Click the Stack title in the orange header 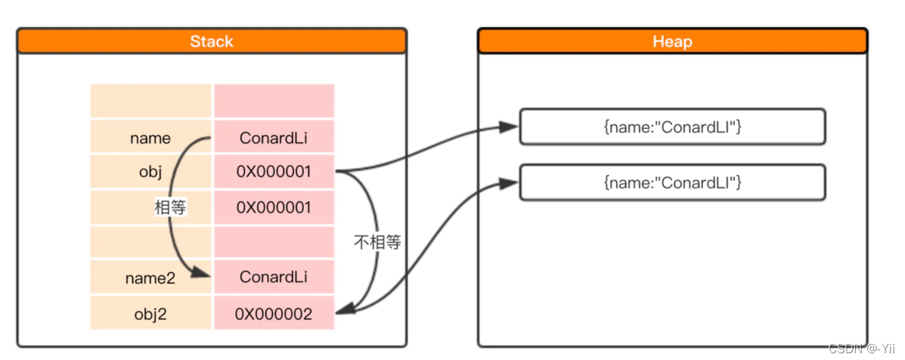click(211, 42)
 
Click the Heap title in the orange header click(672, 42)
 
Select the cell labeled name click(151, 138)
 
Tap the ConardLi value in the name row click(274, 138)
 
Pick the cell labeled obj click(151, 172)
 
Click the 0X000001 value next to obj click(274, 172)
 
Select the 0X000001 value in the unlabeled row click(274, 207)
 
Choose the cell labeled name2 click(151, 278)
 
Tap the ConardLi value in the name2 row click(274, 278)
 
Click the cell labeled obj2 click(151, 314)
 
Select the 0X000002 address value click(274, 314)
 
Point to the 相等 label click(170, 207)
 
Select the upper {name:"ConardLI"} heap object click(672, 127)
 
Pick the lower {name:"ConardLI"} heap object click(672, 182)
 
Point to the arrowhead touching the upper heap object click(509, 127)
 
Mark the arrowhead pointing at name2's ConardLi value click(202, 273)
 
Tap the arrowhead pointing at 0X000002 click(344, 310)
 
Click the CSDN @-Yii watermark click(861, 349)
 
